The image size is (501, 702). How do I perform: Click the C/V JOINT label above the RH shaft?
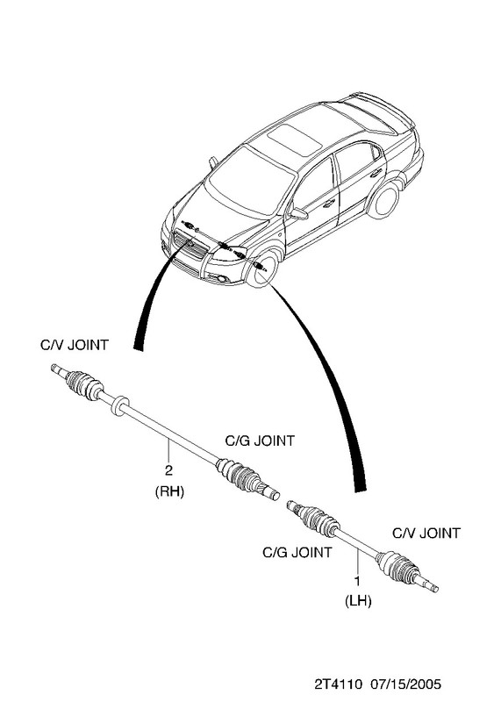(x=75, y=345)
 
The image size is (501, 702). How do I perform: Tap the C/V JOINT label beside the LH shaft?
(x=426, y=534)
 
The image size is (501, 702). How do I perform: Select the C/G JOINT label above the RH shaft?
(x=260, y=441)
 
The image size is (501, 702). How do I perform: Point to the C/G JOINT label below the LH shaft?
(x=297, y=552)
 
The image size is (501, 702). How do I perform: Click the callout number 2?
(x=168, y=470)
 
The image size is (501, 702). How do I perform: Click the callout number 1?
(x=358, y=581)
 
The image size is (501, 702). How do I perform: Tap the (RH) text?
(x=169, y=491)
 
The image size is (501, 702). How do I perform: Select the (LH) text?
(x=358, y=601)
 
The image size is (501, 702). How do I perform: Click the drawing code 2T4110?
(x=338, y=684)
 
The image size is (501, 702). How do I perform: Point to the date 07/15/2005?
(x=406, y=684)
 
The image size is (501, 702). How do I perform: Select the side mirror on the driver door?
(x=298, y=213)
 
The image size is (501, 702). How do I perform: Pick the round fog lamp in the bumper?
(x=222, y=280)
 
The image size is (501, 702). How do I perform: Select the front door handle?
(x=329, y=204)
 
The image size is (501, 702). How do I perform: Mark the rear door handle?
(x=376, y=172)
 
